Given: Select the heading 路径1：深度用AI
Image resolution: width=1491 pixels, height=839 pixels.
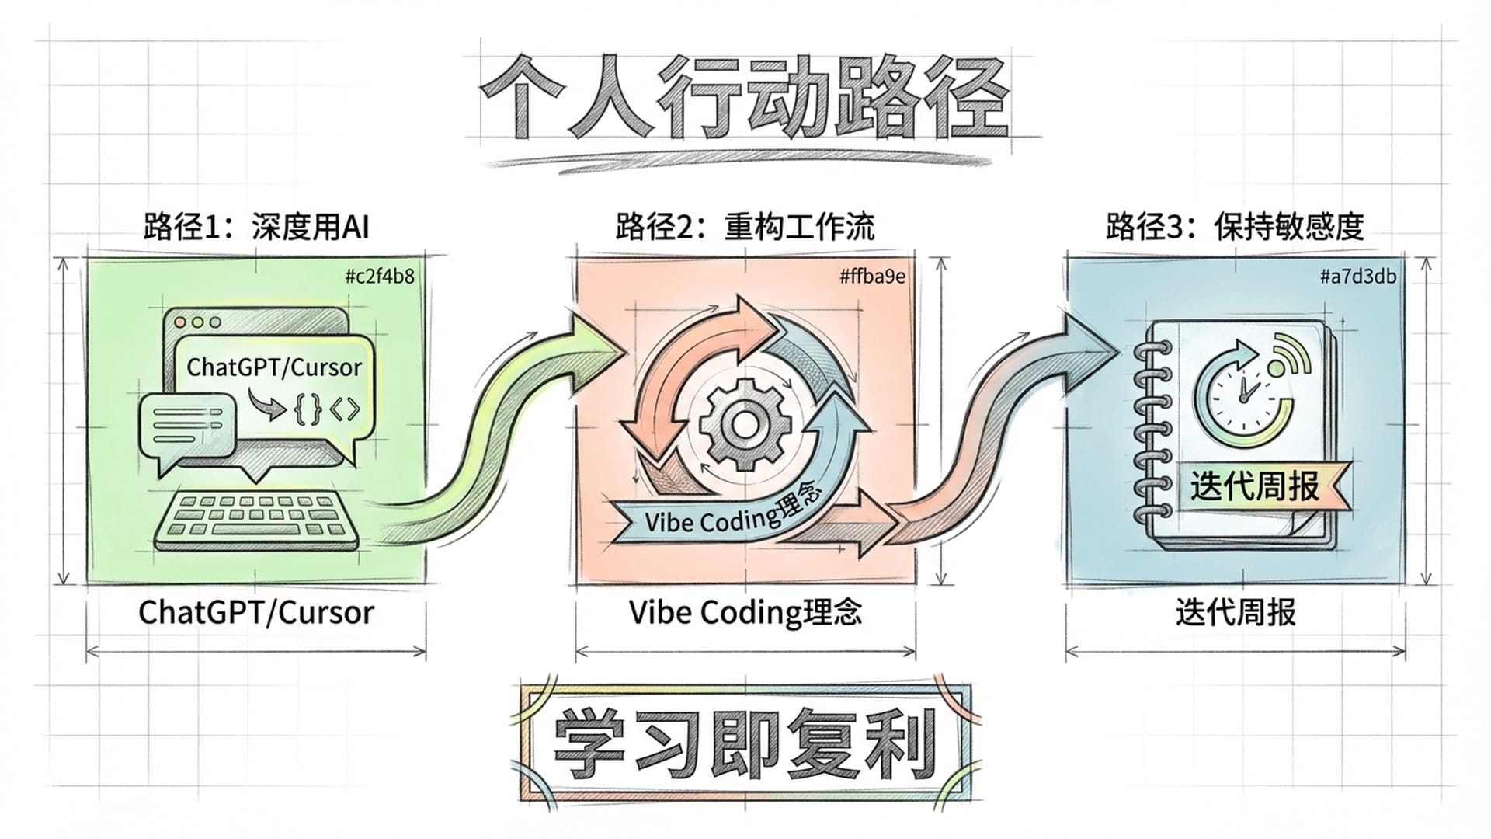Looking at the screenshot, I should click(255, 228).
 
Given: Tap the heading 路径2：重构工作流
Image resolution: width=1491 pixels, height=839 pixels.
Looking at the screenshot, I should click(745, 228).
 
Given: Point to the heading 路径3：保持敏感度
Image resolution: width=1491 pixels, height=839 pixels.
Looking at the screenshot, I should click(1235, 228).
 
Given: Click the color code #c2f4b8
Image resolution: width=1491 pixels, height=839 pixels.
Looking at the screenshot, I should click(379, 276).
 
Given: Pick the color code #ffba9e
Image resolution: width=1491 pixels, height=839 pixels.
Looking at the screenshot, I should click(872, 276).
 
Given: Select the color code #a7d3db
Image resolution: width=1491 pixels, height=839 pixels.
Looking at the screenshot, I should click(1357, 276).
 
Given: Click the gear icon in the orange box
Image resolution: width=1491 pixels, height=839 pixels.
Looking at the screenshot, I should click(745, 424).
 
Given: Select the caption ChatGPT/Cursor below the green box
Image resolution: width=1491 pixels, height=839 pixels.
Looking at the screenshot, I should click(255, 612).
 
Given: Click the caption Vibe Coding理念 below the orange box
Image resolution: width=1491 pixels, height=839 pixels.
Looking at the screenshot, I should click(745, 612).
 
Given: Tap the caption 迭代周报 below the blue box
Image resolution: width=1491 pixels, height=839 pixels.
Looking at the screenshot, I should click(1235, 612).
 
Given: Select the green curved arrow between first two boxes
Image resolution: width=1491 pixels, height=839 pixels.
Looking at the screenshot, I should click(497, 435).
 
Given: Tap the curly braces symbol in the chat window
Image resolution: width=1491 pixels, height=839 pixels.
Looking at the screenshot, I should click(308, 409).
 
